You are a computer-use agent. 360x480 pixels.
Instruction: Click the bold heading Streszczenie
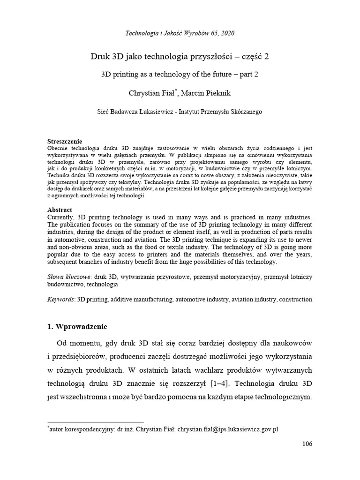point(65,142)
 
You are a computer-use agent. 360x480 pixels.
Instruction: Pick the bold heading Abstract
point(60,210)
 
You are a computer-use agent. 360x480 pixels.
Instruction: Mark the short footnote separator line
point(96,422)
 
